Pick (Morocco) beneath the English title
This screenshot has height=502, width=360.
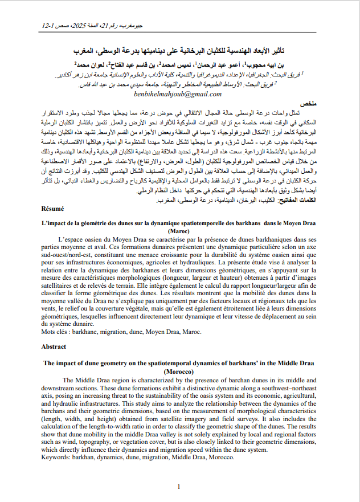point(179,370)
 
